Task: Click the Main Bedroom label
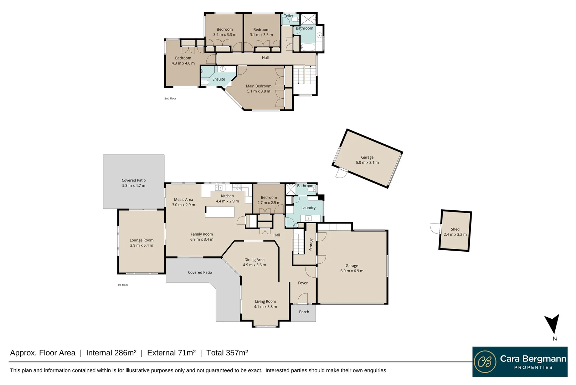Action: pyautogui.click(x=258, y=86)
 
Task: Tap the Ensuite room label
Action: pyautogui.click(x=218, y=79)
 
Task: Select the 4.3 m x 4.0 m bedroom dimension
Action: pyautogui.click(x=183, y=63)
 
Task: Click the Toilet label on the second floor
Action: pyautogui.click(x=289, y=16)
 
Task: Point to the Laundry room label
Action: pyautogui.click(x=308, y=208)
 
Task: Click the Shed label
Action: pyautogui.click(x=455, y=229)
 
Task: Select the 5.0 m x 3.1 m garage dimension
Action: pyautogui.click(x=367, y=163)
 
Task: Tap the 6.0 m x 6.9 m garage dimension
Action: pyautogui.click(x=352, y=271)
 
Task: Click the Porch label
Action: pyautogui.click(x=304, y=312)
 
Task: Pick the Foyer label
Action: pyautogui.click(x=303, y=283)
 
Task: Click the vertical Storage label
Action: pyautogui.click(x=311, y=244)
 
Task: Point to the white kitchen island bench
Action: pyautogui.click(x=220, y=212)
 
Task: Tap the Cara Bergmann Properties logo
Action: pyautogui.click(x=520, y=361)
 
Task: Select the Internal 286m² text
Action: pyautogui.click(x=111, y=353)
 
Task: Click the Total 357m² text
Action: pyautogui.click(x=227, y=353)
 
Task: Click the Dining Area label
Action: pyautogui.click(x=254, y=260)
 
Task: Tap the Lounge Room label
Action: pyautogui.click(x=142, y=240)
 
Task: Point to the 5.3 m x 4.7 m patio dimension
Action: pyautogui.click(x=134, y=186)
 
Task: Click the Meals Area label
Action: pyautogui.click(x=184, y=200)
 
